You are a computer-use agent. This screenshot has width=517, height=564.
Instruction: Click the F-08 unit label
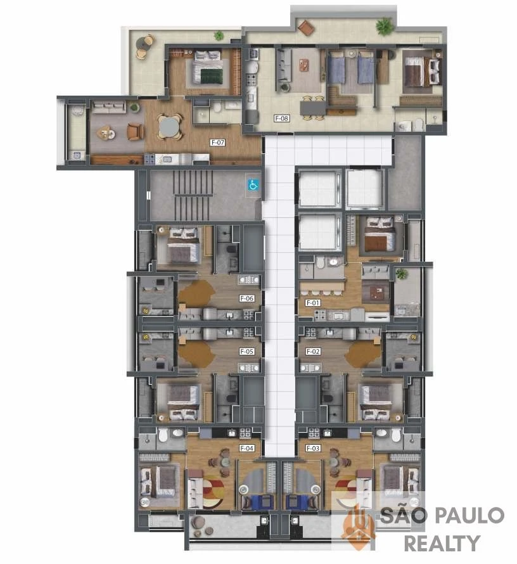click(x=281, y=118)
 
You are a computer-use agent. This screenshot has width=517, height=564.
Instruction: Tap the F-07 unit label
click(x=217, y=143)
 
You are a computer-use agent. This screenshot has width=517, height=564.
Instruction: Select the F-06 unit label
click(x=247, y=298)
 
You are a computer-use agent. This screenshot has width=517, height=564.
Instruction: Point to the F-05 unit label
click(x=247, y=351)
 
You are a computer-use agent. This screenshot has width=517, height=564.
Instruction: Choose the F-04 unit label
click(x=247, y=448)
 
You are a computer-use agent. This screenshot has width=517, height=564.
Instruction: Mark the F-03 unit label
click(x=313, y=448)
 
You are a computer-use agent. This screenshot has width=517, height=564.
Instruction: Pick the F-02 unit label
click(x=313, y=351)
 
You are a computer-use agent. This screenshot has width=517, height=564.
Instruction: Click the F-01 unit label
click(x=313, y=303)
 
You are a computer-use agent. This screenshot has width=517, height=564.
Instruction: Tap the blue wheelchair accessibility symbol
click(x=253, y=185)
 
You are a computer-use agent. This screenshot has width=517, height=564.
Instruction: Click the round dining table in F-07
click(x=169, y=127)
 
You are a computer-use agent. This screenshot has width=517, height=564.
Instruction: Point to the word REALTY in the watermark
click(x=442, y=543)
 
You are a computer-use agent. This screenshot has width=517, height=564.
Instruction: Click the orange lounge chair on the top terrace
click(x=306, y=28)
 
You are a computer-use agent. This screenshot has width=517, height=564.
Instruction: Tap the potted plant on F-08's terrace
click(x=384, y=26)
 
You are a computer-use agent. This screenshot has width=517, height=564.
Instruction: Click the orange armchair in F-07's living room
click(x=135, y=132)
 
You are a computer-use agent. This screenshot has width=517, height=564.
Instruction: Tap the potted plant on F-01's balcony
click(x=401, y=274)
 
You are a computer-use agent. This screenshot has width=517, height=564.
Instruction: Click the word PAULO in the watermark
click(x=471, y=515)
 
